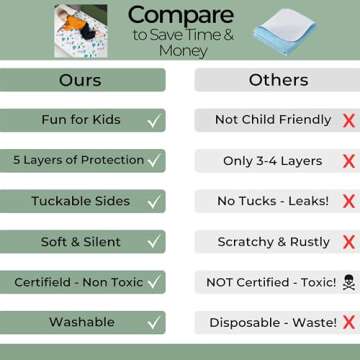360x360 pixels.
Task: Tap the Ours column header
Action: click(x=80, y=79)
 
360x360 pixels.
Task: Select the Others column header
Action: click(x=273, y=79)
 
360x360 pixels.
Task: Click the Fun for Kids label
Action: click(x=80, y=120)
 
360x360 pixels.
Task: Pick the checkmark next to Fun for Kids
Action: click(x=152, y=120)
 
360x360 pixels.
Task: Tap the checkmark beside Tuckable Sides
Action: click(x=152, y=201)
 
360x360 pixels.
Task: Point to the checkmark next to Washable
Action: click(x=152, y=323)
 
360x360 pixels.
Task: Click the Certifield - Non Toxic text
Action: click(x=78, y=282)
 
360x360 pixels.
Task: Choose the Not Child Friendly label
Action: click(x=272, y=120)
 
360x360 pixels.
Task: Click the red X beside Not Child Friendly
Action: click(x=348, y=120)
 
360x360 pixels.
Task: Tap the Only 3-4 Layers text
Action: click(x=272, y=160)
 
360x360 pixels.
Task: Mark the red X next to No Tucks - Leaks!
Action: click(x=348, y=201)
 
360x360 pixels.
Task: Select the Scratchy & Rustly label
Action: click(x=272, y=242)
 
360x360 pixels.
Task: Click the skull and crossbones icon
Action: click(x=347, y=282)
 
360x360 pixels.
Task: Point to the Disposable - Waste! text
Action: click(x=269, y=323)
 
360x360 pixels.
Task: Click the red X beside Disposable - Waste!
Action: click(x=348, y=323)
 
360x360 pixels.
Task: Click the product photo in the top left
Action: click(x=81, y=31)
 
